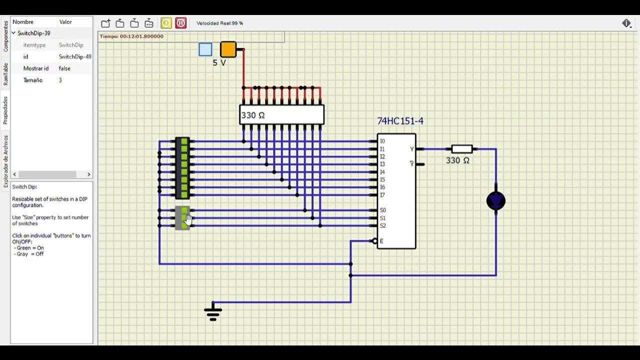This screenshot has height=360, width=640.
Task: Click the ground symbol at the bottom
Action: tap(213, 312)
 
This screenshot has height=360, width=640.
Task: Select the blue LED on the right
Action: tap(496, 201)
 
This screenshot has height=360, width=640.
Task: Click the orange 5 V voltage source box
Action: tap(228, 49)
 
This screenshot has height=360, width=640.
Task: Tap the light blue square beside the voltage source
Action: tap(205, 49)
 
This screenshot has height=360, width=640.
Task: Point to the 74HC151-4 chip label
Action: tap(400, 121)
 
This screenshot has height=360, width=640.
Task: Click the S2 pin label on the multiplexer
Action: tap(383, 225)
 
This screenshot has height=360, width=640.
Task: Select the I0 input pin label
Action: tap(382, 141)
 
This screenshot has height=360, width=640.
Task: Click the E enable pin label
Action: tap(381, 241)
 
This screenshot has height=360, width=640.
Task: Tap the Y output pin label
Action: tap(412, 149)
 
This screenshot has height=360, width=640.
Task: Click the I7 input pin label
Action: tap(382, 195)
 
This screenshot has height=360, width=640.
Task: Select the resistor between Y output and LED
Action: tap(461, 149)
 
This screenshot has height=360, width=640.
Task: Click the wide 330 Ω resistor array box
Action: tap(281, 115)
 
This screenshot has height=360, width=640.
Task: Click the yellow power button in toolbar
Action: tap(166, 23)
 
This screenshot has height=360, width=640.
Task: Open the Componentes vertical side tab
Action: tap(5, 36)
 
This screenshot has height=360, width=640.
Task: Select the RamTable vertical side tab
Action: tap(5, 74)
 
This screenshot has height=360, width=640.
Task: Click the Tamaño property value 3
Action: tap(60, 80)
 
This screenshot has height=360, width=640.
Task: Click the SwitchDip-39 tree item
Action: tap(34, 33)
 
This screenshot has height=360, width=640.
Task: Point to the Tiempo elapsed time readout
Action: tap(132, 36)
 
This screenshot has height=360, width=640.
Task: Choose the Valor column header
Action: tap(65, 22)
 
